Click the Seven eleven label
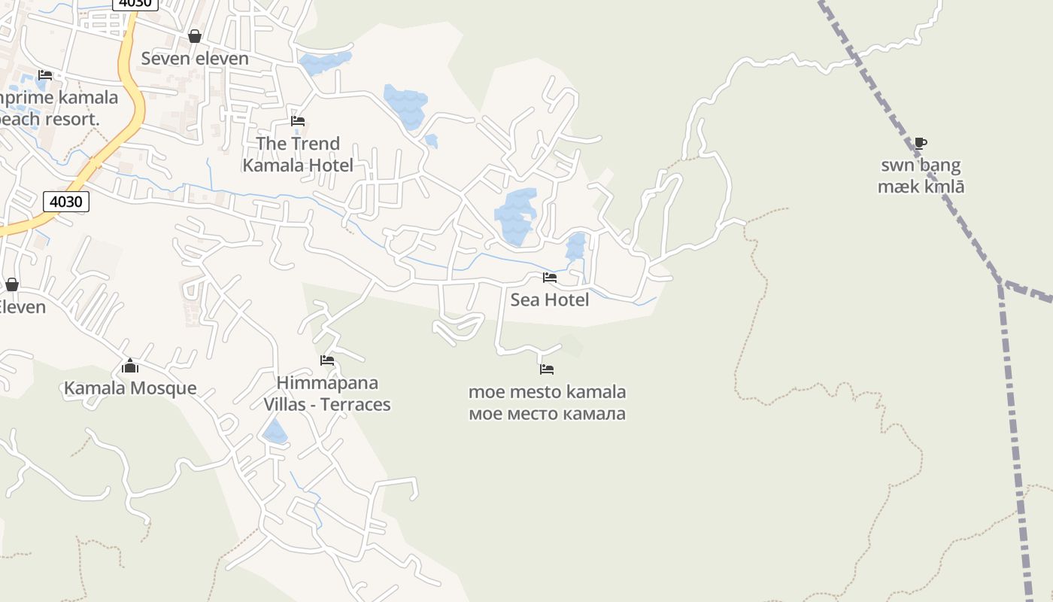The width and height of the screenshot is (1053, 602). click(195, 58)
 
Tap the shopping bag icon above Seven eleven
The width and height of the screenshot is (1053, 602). click(195, 36)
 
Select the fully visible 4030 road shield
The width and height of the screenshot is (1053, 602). click(66, 202)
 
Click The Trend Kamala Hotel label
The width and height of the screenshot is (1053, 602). click(298, 154)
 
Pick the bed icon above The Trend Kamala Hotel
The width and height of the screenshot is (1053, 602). click(298, 120)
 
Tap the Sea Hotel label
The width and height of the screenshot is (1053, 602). click(550, 299)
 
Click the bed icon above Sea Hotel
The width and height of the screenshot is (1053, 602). click(550, 277)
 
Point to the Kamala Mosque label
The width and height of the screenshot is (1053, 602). click(130, 388)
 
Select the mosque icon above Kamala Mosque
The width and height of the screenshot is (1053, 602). click(130, 366)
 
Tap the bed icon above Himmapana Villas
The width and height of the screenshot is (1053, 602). click(327, 360)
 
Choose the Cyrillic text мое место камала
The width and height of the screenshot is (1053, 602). click(547, 413)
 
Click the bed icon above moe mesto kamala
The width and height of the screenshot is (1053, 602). click(547, 369)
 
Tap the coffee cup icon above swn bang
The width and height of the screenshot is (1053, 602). click(921, 143)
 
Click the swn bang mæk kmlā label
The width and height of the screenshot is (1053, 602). click(921, 176)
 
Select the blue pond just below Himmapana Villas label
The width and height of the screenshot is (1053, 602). click(275, 433)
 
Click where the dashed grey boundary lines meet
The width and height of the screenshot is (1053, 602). click(1001, 283)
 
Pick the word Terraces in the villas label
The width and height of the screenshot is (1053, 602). click(356, 404)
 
